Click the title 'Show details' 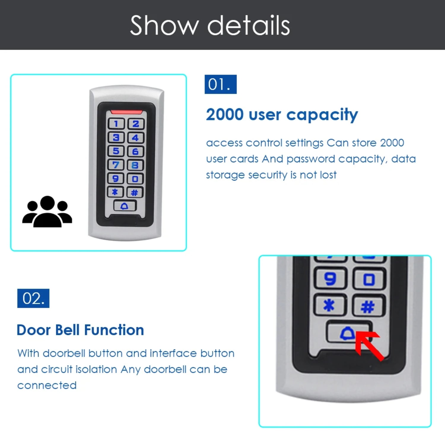[x=210, y=26]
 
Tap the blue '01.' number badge [x=220, y=84]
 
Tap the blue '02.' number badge [x=33, y=298]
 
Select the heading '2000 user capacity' [x=282, y=115]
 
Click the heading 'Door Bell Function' [x=80, y=330]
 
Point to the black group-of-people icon [x=47, y=212]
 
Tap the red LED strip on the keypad [x=127, y=112]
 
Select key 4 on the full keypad [x=136, y=138]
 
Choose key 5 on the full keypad [x=116, y=151]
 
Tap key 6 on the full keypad [x=135, y=152]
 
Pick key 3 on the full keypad [x=116, y=137]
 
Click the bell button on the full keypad [x=125, y=206]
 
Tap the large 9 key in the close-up [x=330, y=278]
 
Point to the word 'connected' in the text [x=47, y=385]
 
